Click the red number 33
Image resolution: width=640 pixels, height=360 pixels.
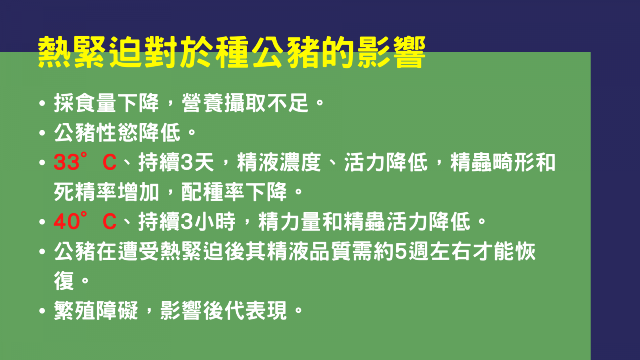click(66, 162)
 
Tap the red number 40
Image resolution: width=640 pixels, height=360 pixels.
click(66, 221)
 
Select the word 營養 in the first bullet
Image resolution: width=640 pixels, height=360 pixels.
click(202, 103)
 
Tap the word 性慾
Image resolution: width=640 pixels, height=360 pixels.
click(117, 132)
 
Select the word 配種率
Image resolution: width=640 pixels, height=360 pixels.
click(213, 192)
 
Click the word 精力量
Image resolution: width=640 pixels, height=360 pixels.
click(290, 221)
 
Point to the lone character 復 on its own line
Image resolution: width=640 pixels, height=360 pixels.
click(64, 281)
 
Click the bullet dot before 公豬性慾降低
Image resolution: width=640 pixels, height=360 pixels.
click(42, 133)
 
